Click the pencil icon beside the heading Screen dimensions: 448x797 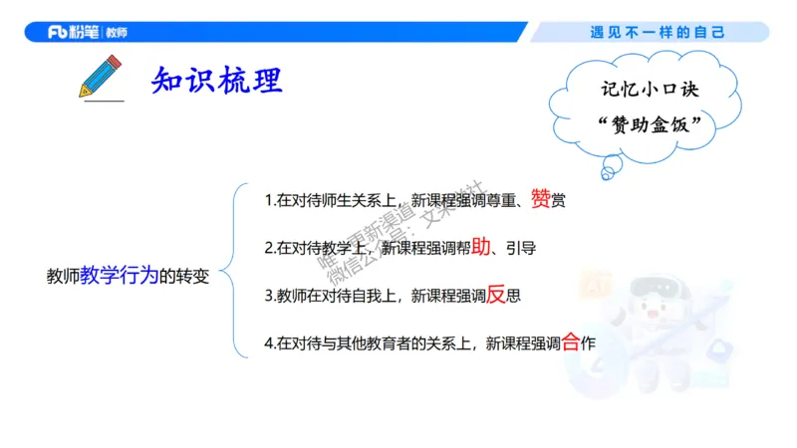[x=101, y=77]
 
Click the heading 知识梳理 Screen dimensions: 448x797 [x=217, y=80]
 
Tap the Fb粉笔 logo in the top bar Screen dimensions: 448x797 [x=73, y=32]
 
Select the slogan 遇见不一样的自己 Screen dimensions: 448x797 [x=658, y=32]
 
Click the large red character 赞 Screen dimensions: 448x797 [x=541, y=198]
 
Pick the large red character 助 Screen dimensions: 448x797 [x=481, y=246]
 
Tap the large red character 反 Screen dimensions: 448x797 [x=496, y=294]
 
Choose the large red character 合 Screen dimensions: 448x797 [x=571, y=341]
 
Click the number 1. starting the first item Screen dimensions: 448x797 [x=270, y=200]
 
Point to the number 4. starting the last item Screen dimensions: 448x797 [x=270, y=343]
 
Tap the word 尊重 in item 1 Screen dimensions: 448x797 [x=497, y=200]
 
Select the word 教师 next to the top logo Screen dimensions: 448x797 [x=115, y=32]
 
